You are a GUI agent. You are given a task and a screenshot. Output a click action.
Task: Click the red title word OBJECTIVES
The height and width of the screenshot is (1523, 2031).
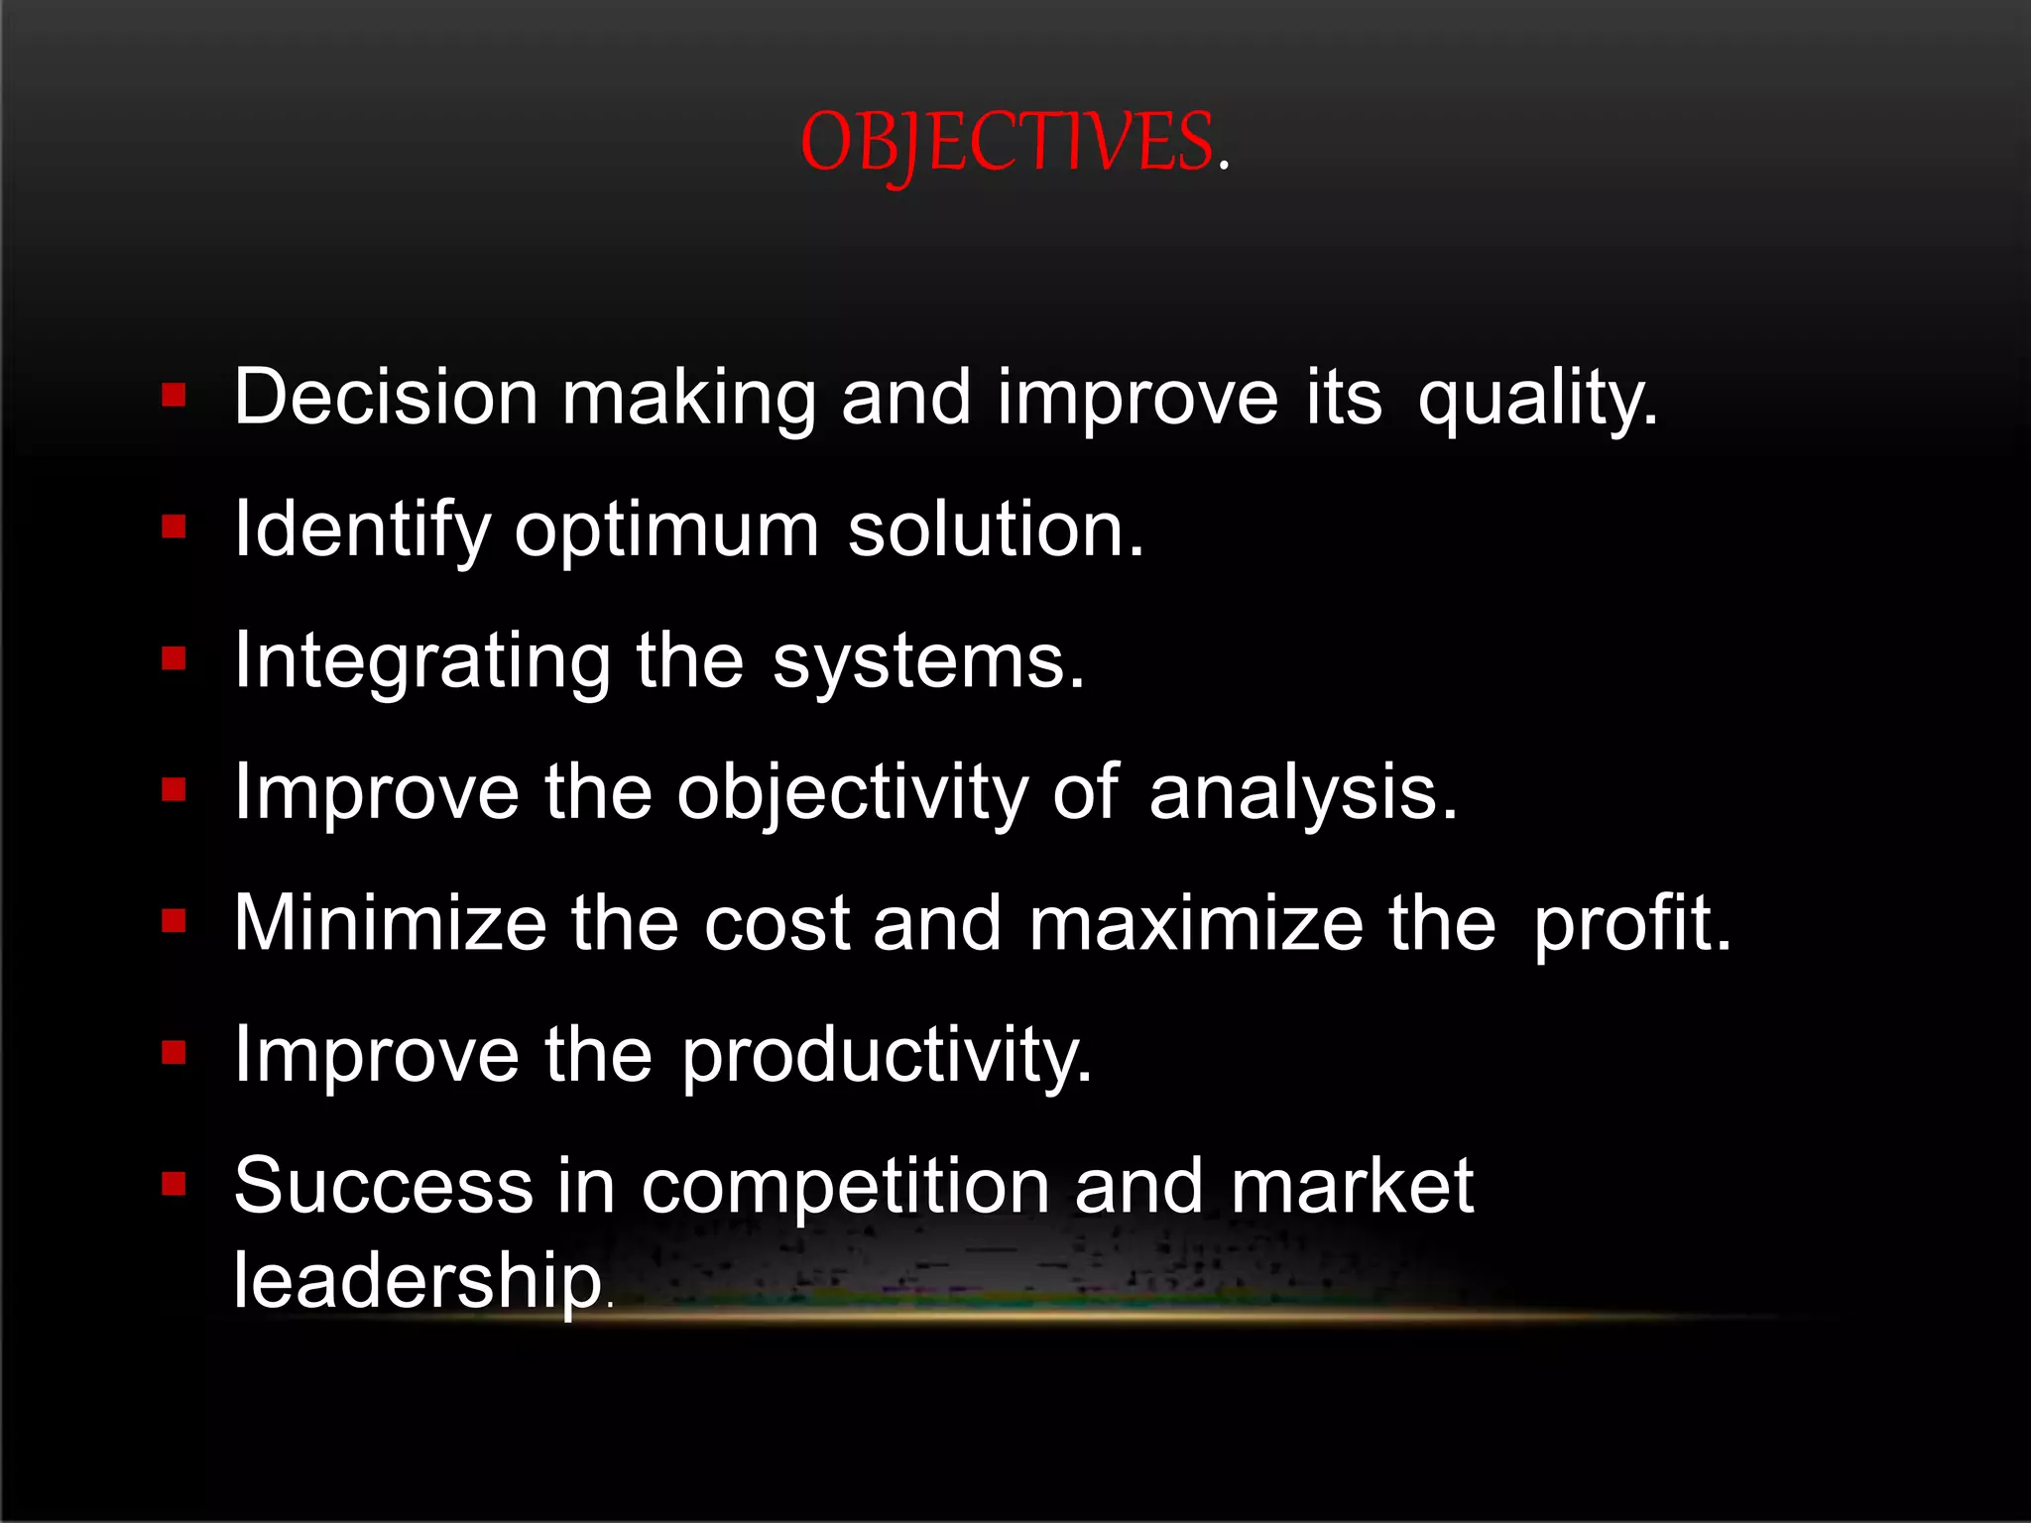click(x=1007, y=144)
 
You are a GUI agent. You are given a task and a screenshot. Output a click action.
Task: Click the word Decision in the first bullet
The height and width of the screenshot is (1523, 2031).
click(x=386, y=397)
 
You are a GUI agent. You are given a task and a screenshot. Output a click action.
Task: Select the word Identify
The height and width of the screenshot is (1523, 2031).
click(x=362, y=529)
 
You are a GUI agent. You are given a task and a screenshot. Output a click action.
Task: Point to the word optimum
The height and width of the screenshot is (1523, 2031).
click(x=666, y=529)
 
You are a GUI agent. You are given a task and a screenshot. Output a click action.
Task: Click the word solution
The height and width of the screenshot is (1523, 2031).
click(x=995, y=529)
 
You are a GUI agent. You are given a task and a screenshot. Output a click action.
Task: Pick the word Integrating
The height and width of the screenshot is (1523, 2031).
click(x=422, y=661)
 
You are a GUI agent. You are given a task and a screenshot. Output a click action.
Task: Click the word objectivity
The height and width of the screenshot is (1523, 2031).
click(x=853, y=793)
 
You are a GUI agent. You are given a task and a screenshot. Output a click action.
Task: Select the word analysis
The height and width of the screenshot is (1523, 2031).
click(x=1302, y=793)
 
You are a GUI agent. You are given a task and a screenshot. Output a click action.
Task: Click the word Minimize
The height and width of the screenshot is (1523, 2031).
click(x=390, y=924)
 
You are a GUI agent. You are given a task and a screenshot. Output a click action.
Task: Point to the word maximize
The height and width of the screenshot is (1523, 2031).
click(x=1196, y=924)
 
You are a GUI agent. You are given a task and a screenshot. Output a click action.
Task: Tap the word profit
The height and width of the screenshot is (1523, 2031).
click(x=1631, y=924)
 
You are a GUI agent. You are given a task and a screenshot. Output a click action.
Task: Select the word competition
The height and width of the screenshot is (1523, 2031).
click(x=845, y=1187)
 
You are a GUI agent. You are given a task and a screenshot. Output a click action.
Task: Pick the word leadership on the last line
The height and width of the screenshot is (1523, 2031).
click(x=418, y=1280)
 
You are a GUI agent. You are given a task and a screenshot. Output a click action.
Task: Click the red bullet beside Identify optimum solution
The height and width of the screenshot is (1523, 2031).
click(x=175, y=527)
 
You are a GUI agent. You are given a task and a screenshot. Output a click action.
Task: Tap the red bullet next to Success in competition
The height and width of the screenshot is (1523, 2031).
click(x=175, y=1183)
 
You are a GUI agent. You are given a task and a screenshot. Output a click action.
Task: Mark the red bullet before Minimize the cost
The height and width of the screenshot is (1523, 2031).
click(x=175, y=921)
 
